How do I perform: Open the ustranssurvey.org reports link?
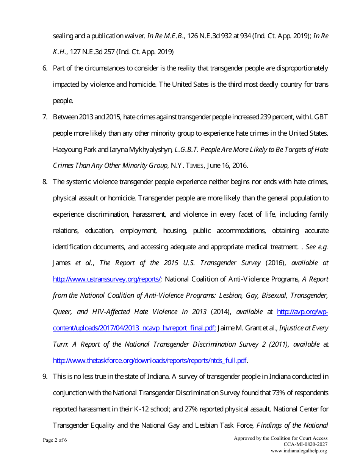point(107,280)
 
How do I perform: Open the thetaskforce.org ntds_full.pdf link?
point(150,361)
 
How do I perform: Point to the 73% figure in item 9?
point(279,393)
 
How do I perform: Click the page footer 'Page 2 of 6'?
point(55,440)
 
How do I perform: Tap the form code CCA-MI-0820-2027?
point(305,444)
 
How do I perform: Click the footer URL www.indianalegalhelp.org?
point(299,451)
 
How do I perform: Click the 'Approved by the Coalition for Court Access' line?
point(280,438)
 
